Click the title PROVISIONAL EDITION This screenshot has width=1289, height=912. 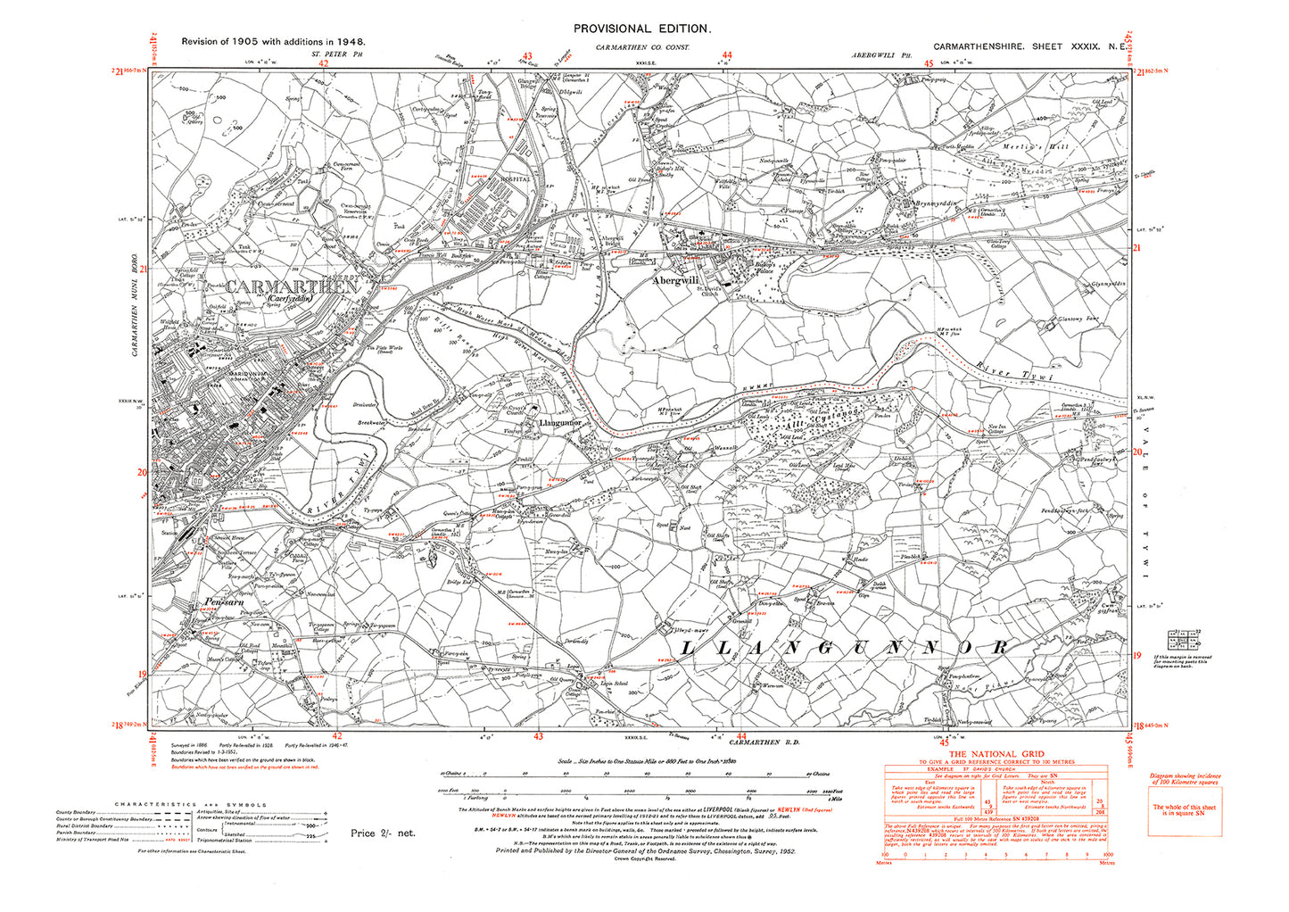coord(641,29)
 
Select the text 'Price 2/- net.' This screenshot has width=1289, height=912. coord(383,833)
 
